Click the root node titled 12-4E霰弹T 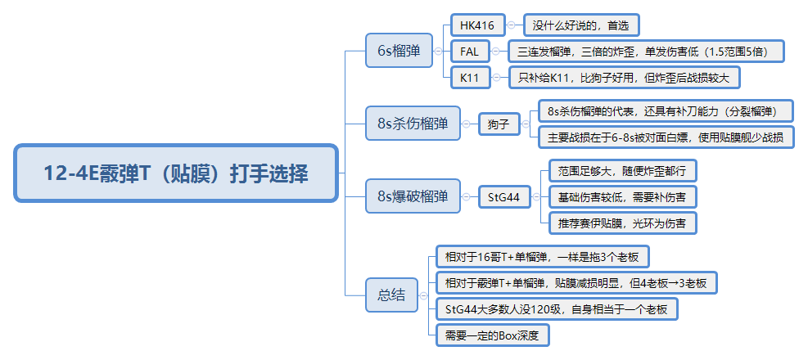(176, 173)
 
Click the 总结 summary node (390, 295)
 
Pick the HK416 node (477, 25)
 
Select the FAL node (470, 51)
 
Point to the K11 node (469, 78)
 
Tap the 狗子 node (499, 124)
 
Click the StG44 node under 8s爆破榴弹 (503, 196)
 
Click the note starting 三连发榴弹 (646, 51)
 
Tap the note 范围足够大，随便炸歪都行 (621, 170)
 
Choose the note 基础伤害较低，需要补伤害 (621, 196)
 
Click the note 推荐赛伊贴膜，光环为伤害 (621, 223)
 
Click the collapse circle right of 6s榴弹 (439, 51)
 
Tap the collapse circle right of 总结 (423, 295)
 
